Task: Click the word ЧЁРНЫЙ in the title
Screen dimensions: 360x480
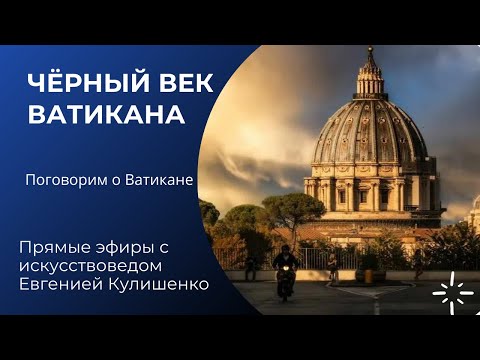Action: click(x=84, y=83)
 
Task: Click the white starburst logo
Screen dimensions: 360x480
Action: click(x=453, y=292)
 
